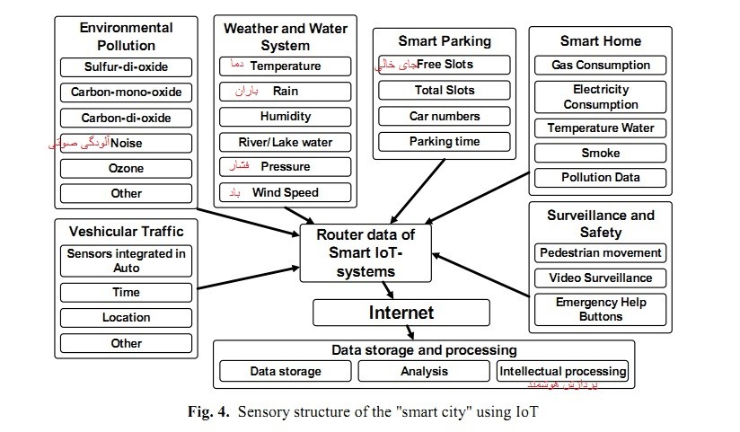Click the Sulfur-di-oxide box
coord(126,66)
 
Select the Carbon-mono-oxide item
coord(126,92)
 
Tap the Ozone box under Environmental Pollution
coord(126,168)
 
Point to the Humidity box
coord(285,116)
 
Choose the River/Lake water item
coord(285,142)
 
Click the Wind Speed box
coord(285,192)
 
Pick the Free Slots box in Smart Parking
coord(445,65)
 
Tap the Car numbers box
coord(445,116)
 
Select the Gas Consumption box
coord(600,65)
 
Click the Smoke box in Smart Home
coord(600,153)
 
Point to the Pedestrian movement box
coord(600,252)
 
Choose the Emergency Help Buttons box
coord(600,309)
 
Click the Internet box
coord(401,313)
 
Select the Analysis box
coord(423,370)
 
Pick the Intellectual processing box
coord(563,370)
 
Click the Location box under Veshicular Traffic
coord(126,317)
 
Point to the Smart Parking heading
coord(445,40)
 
